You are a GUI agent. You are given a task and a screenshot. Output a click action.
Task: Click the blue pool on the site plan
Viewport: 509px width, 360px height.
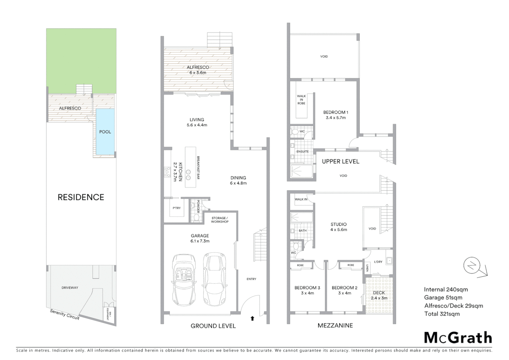point(105,132)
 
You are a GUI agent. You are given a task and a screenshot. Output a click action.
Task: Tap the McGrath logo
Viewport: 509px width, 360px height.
point(458,338)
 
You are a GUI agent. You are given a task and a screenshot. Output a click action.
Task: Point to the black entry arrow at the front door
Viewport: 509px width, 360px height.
point(252,318)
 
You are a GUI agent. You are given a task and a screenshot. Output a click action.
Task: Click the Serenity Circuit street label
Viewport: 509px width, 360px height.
point(65,314)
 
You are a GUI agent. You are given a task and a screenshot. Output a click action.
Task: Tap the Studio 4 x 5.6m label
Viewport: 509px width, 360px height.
point(338,227)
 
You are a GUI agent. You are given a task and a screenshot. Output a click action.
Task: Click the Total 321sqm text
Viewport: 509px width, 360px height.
point(442,314)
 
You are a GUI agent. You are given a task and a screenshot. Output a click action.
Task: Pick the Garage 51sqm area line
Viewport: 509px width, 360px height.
point(443,298)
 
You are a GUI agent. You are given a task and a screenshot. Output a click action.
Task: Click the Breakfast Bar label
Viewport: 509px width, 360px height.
point(198,168)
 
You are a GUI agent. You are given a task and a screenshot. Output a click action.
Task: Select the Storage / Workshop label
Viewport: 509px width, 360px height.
point(220,220)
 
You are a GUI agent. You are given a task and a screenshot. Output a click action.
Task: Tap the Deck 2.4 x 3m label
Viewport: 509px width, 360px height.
point(379,295)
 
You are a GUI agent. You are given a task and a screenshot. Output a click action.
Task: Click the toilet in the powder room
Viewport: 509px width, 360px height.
point(196,218)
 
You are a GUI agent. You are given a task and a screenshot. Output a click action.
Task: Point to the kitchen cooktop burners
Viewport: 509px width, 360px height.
point(167,172)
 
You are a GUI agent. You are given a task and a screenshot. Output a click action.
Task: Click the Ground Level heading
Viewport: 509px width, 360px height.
point(213,326)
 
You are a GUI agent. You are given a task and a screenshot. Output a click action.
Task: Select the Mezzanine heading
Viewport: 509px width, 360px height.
point(335,325)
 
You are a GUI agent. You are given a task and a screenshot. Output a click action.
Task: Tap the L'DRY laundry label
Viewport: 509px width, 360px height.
point(378,262)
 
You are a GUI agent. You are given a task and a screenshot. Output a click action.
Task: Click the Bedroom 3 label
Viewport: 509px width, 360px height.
point(307,290)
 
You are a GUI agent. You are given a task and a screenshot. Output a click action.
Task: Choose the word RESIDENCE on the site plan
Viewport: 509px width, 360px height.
point(81,197)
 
